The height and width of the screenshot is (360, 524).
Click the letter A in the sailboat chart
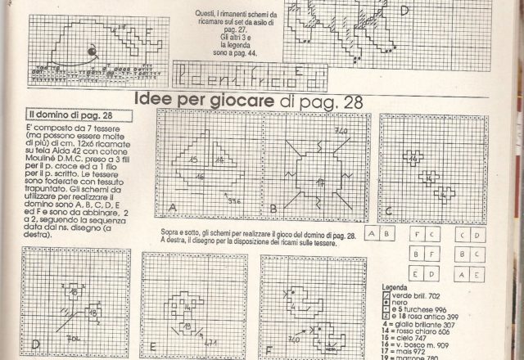click(x=172, y=209)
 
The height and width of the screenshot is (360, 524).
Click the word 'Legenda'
click(x=398, y=287)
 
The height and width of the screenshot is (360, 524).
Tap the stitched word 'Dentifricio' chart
click(x=243, y=79)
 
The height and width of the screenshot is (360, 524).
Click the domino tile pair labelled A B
click(x=380, y=233)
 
